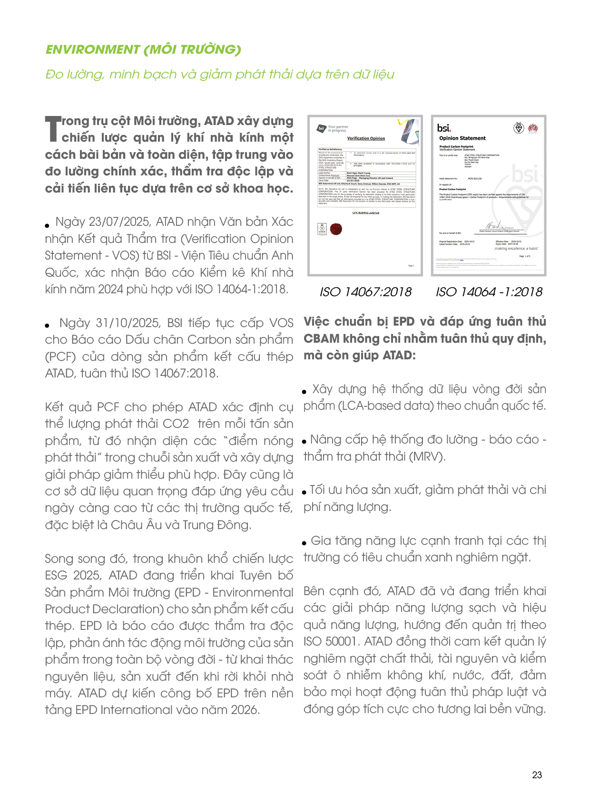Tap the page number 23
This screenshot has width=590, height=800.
tap(537, 775)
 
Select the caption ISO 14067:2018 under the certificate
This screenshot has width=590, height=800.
tap(365, 292)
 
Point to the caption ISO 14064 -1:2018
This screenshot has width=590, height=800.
tap(489, 292)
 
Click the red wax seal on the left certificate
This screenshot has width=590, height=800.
tap(336, 229)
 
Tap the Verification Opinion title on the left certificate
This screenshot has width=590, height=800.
tap(366, 138)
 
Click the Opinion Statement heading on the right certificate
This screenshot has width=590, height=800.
tap(462, 138)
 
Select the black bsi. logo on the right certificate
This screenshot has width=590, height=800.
tap(443, 128)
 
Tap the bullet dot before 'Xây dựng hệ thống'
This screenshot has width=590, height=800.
tap(305, 392)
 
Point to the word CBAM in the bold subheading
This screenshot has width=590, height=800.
tap(321, 339)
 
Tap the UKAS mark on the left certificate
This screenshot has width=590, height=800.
tap(322, 229)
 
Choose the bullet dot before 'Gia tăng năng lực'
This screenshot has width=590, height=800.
tap(305, 543)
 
